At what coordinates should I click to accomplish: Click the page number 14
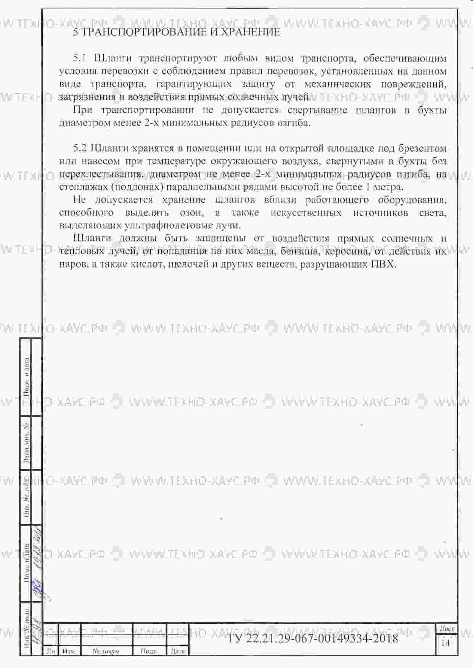click(x=445, y=643)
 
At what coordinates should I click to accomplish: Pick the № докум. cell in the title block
click(x=107, y=651)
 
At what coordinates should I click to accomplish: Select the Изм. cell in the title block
click(x=69, y=651)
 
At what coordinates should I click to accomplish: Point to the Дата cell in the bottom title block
click(x=178, y=651)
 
